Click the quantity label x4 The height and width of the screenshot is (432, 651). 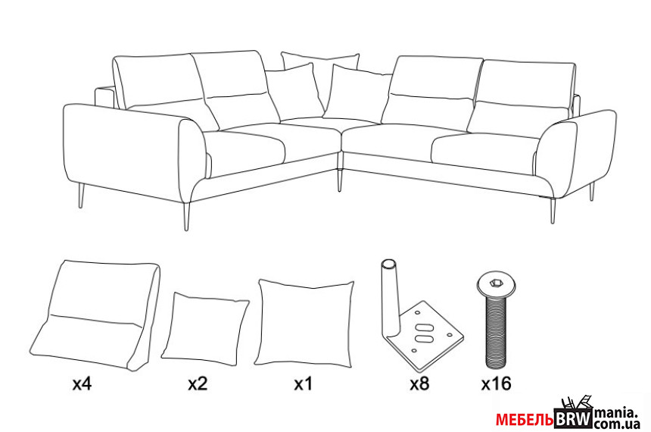[82, 383]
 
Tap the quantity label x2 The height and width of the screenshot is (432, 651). [198, 383]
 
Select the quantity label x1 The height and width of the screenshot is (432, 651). [303, 383]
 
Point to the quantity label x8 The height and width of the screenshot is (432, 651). [419, 383]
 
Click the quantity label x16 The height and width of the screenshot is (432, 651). [496, 383]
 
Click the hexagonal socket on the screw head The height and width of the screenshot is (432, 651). [496, 283]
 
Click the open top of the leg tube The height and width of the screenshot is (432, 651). [389, 264]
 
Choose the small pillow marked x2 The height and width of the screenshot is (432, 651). [204, 329]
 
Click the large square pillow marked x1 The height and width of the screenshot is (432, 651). [304, 323]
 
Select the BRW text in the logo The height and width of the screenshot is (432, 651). [573, 418]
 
